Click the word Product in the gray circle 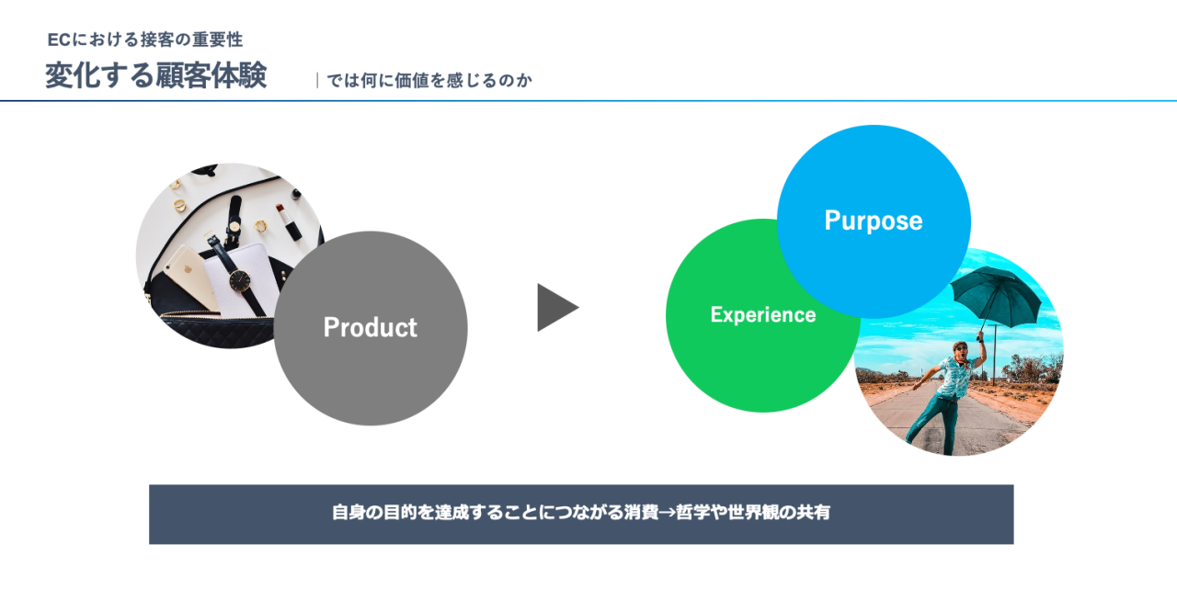(x=370, y=328)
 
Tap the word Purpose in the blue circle (x=873, y=221)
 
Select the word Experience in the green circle (x=762, y=315)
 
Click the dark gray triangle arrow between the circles (x=556, y=308)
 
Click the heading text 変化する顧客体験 (x=155, y=76)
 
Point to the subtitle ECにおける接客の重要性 (x=145, y=40)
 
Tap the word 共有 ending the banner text (x=813, y=513)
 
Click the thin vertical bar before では (x=317, y=81)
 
